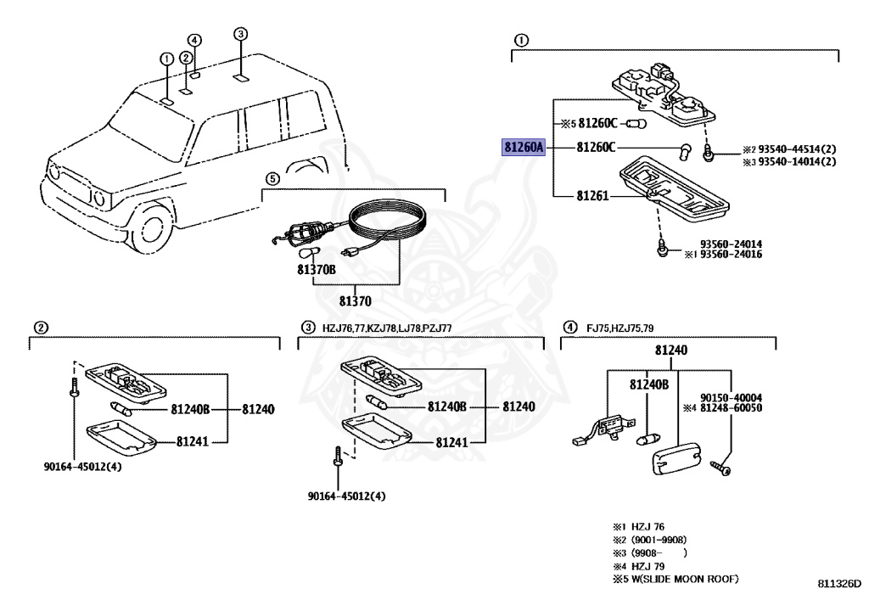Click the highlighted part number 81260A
(x=524, y=148)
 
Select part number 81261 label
(x=592, y=195)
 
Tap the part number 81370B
(x=317, y=270)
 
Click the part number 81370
(x=356, y=300)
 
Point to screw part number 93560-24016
(x=731, y=255)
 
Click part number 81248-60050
(x=731, y=407)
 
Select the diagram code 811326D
(x=840, y=583)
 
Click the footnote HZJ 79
(x=648, y=566)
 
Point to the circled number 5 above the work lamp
(x=272, y=179)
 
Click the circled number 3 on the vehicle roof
(x=240, y=34)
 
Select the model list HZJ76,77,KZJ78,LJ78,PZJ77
(x=387, y=328)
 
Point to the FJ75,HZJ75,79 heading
(x=620, y=328)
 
